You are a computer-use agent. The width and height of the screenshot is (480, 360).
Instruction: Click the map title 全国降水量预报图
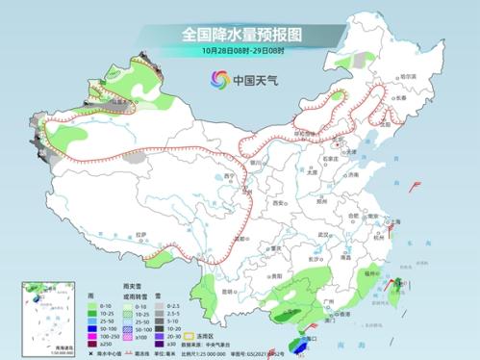(x=240, y=34)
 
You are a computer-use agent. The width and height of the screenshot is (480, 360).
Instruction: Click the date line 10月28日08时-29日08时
(x=240, y=49)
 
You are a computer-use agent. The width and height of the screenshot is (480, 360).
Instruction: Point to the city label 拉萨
(x=141, y=234)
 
